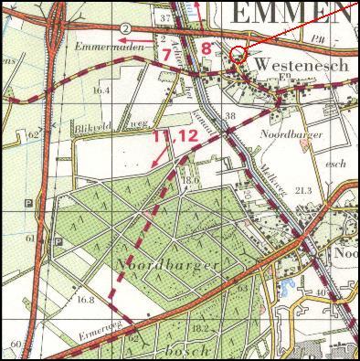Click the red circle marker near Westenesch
point(238,53)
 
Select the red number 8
point(206,48)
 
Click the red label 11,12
point(175,136)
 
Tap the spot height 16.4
point(101,90)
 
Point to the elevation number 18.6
point(190,181)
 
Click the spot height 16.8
point(87,299)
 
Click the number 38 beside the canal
point(230,116)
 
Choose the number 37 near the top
point(191,17)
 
